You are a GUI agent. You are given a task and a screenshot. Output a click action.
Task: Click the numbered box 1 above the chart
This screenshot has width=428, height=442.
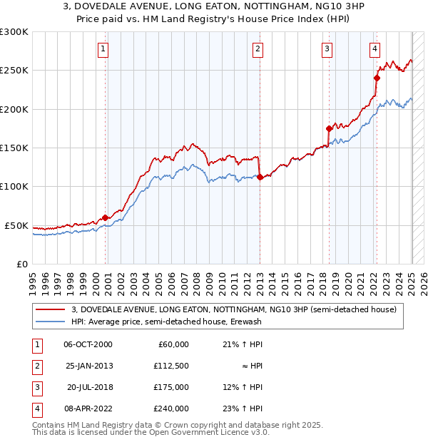tap(103, 49)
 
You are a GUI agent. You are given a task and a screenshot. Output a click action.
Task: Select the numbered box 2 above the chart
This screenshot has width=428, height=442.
tap(257, 49)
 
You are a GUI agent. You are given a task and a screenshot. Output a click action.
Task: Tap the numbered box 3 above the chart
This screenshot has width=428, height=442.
tap(327, 49)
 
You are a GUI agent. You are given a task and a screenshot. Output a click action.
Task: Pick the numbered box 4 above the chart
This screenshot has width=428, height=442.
tap(374, 49)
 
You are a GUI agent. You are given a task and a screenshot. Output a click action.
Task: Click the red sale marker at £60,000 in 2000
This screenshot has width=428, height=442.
tap(106, 217)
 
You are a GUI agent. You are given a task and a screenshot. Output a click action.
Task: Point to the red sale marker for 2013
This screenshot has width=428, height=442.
tap(260, 177)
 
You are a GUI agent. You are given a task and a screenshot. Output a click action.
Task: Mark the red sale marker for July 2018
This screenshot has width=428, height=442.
tap(329, 129)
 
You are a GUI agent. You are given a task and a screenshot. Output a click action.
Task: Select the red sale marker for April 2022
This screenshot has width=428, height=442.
tap(377, 78)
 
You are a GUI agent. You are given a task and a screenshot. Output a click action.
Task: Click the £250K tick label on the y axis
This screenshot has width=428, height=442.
tap(14, 71)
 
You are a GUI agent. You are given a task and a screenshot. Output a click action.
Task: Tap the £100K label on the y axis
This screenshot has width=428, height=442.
tap(14, 187)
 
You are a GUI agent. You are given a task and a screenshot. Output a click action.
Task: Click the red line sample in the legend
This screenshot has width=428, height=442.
tap(50, 309)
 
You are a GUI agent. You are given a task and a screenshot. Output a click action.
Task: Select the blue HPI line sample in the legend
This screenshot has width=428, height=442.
tap(50, 322)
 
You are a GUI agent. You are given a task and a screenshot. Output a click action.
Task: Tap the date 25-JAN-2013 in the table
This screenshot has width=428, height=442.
tap(88, 366)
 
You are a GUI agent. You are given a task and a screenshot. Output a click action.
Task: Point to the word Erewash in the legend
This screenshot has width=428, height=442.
tap(246, 322)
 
